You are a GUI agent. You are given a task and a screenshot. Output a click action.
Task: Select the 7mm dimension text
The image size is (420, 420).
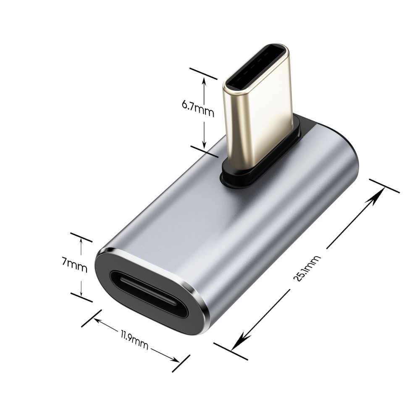click(x=74, y=266)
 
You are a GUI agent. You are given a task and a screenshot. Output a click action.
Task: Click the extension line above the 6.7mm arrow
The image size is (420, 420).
click(x=204, y=73)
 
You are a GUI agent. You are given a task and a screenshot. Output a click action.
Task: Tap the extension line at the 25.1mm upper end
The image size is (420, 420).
click(x=384, y=186)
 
